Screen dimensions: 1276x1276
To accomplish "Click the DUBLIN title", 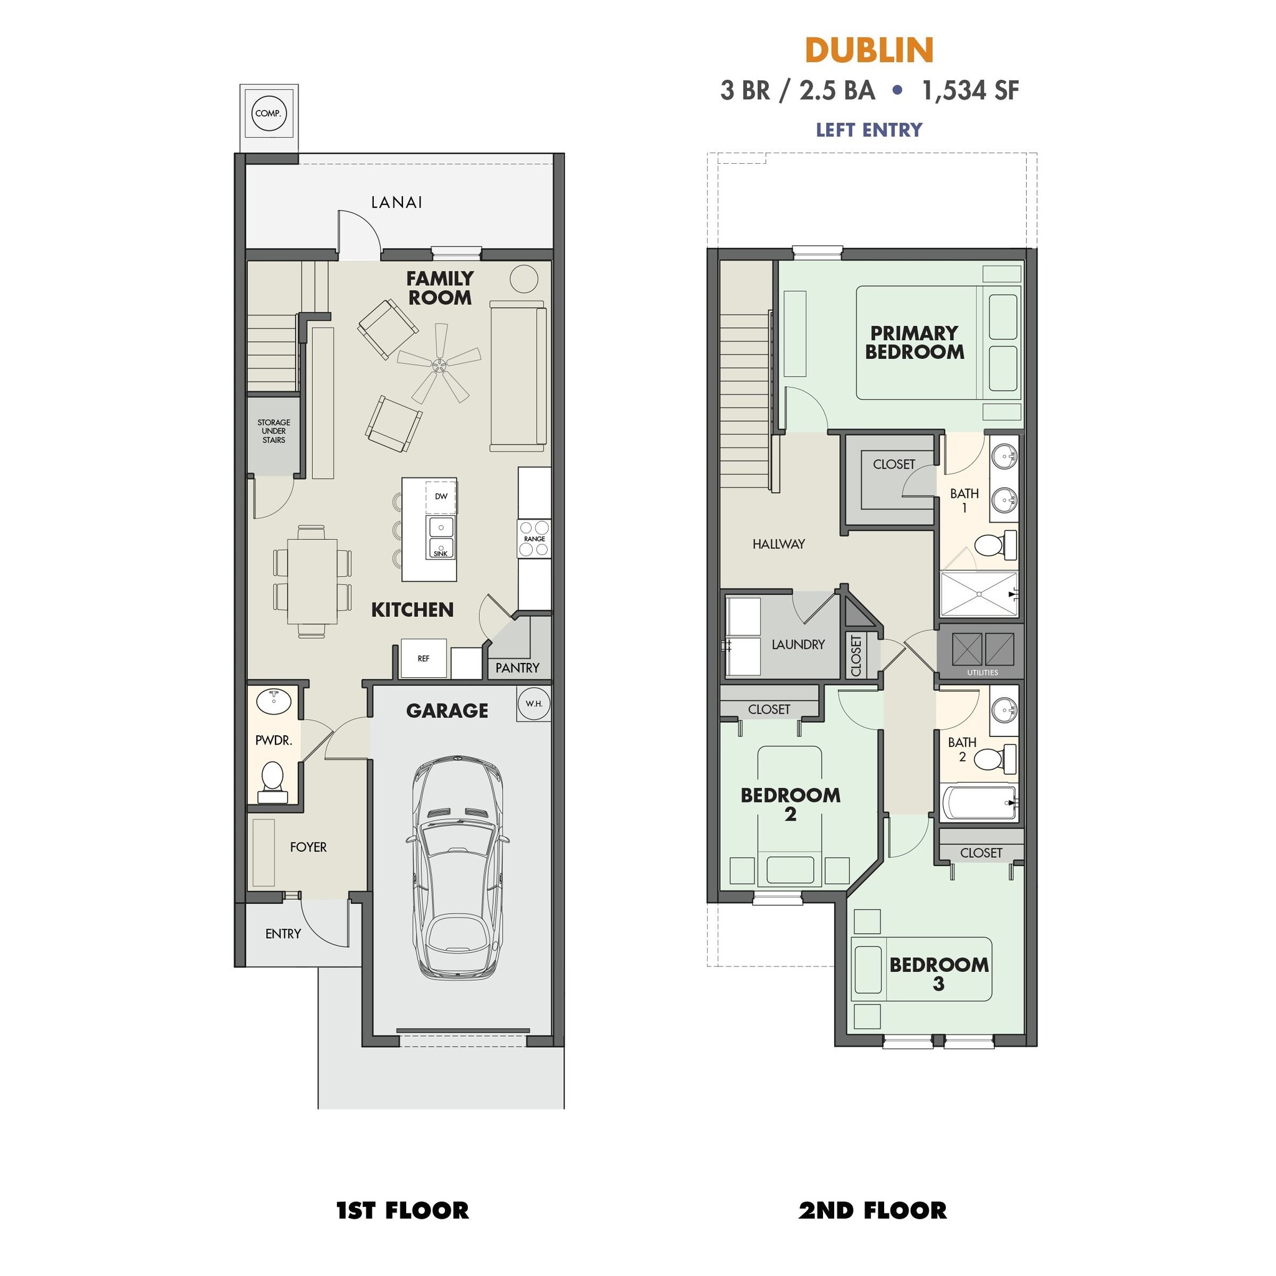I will (x=869, y=50).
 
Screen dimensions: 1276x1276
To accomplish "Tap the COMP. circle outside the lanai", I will (x=268, y=113).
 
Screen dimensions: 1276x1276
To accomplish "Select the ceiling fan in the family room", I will (x=438, y=363).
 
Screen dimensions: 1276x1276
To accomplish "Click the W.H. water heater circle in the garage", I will (x=534, y=703).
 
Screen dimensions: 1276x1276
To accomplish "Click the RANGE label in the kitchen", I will (x=535, y=539).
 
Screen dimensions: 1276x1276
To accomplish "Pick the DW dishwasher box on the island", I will (x=440, y=496).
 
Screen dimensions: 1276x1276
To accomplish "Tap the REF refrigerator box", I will (x=423, y=659).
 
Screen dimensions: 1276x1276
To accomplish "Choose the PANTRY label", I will (x=517, y=668).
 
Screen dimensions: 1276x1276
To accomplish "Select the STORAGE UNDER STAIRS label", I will (x=274, y=431).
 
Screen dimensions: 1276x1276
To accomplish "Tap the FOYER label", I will (x=308, y=847).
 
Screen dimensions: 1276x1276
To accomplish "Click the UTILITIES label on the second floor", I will (x=982, y=672).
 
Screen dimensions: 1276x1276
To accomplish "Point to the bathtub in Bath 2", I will (x=979, y=802).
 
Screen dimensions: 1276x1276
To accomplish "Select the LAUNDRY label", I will (x=798, y=644).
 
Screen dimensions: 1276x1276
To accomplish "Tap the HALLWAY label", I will (x=779, y=543).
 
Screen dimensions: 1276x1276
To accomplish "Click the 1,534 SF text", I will (x=969, y=90).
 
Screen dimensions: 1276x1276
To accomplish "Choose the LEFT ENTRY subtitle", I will (x=869, y=130).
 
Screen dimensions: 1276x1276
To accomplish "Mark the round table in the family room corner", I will (x=524, y=279).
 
